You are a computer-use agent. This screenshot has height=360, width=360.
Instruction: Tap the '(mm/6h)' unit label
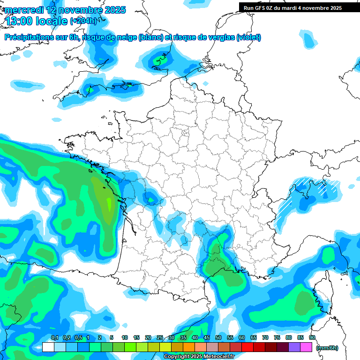click(327, 347)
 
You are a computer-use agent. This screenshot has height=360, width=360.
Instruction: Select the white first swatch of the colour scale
click(48, 347)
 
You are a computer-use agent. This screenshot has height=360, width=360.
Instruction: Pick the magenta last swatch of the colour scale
click(306, 347)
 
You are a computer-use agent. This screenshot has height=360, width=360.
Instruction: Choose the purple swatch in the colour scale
click(294, 347)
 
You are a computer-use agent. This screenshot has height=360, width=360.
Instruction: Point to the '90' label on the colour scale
click(312, 337)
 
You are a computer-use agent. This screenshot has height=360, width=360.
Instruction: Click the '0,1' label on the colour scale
click(54, 337)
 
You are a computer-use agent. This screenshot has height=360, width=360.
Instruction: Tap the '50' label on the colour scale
click(218, 337)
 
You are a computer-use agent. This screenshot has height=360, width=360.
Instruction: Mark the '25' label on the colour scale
click(160, 337)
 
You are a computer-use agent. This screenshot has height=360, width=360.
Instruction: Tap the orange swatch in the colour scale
click(189, 347)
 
